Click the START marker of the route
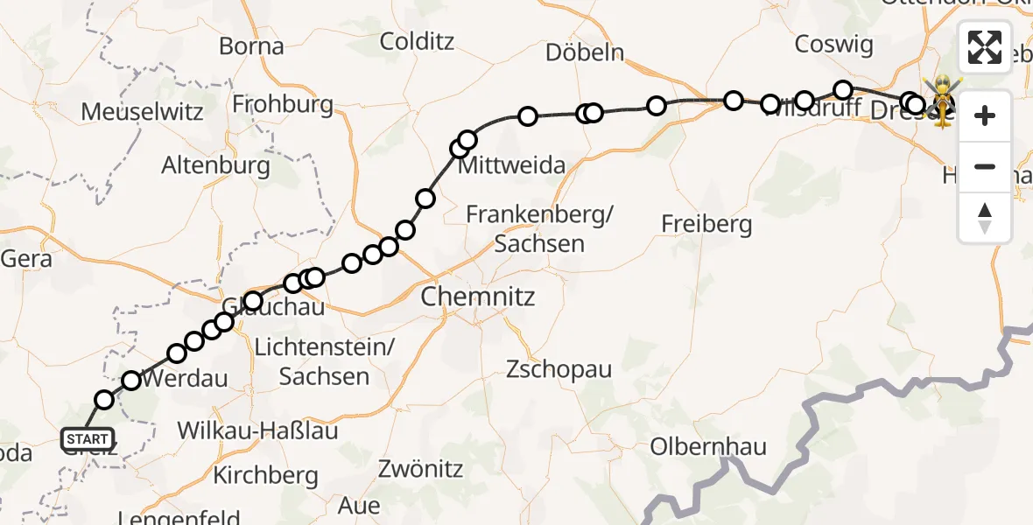pos(87,439)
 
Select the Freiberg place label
pos(706,224)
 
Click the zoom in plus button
pos(985,115)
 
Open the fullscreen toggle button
pos(985,47)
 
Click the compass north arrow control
pos(985,217)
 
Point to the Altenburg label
pos(215,165)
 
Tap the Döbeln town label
pos(585,52)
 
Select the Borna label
pos(251,46)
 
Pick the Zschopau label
pos(559,369)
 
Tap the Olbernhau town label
pos(708,447)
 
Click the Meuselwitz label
pos(142,112)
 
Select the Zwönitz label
pos(420,469)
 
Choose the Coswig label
pos(833,44)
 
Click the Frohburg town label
pos(283,105)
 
